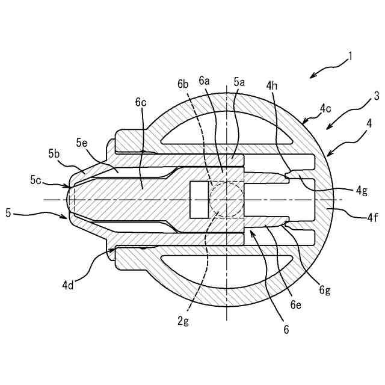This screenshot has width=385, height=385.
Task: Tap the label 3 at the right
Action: click(x=376, y=95)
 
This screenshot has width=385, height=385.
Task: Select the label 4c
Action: click(x=325, y=109)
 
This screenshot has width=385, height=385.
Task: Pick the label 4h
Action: click(x=272, y=86)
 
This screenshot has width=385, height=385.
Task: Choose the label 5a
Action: click(x=239, y=82)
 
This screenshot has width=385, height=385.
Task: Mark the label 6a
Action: click(x=205, y=82)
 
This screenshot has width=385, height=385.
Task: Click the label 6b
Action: click(x=183, y=84)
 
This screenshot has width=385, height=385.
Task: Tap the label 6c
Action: click(x=141, y=102)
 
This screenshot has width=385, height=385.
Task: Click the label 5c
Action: click(x=36, y=179)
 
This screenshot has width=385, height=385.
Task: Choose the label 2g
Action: click(x=183, y=321)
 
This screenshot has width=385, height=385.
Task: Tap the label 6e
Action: click(x=295, y=305)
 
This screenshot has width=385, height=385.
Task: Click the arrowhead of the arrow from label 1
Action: click(x=311, y=76)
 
